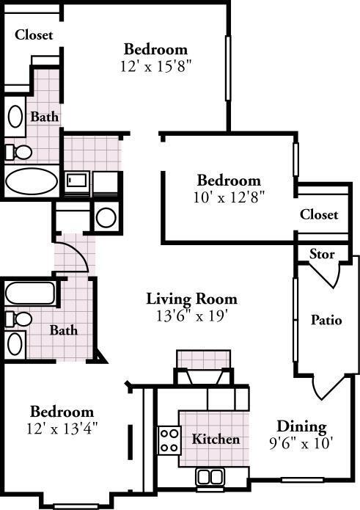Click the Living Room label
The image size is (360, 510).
[191, 299]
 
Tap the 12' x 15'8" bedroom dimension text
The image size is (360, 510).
[155, 66]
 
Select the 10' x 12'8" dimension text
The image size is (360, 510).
[229, 197]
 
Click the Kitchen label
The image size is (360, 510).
[216, 439]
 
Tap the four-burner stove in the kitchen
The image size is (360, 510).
[169, 440]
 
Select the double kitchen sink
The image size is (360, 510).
[210, 477]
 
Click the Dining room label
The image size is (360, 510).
[301, 427]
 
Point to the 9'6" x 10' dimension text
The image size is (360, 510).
[301, 442]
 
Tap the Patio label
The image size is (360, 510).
[326, 320]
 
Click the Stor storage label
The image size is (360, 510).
[322, 254]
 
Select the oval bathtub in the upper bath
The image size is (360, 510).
[32, 181]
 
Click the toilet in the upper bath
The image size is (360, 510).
[19, 152]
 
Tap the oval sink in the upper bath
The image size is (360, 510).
[15, 117]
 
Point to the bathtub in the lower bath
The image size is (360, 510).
[30, 293]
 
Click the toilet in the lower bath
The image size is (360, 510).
[19, 318]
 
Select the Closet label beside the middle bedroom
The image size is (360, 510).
[319, 214]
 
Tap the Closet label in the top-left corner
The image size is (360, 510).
[34, 34]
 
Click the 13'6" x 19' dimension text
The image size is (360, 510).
[191, 316]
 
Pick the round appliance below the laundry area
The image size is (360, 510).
[106, 218]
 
